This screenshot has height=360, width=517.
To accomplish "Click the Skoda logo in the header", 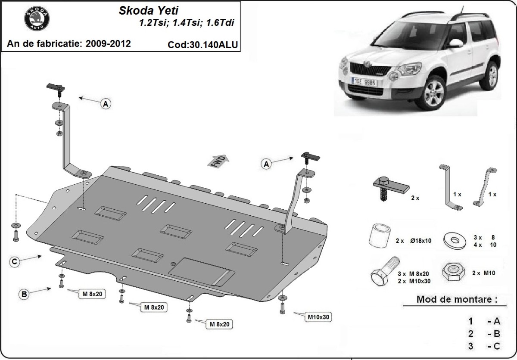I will click(37, 19).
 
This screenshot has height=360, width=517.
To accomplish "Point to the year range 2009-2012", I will click(108, 43).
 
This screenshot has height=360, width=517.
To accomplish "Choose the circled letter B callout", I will click(24, 295).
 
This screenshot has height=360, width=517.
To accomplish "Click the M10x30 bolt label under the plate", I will click(318, 317).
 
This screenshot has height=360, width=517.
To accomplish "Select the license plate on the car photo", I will click(364, 82).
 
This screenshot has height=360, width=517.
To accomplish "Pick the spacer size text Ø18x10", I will click(421, 241).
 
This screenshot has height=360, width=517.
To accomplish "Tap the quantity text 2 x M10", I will click(484, 273).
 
